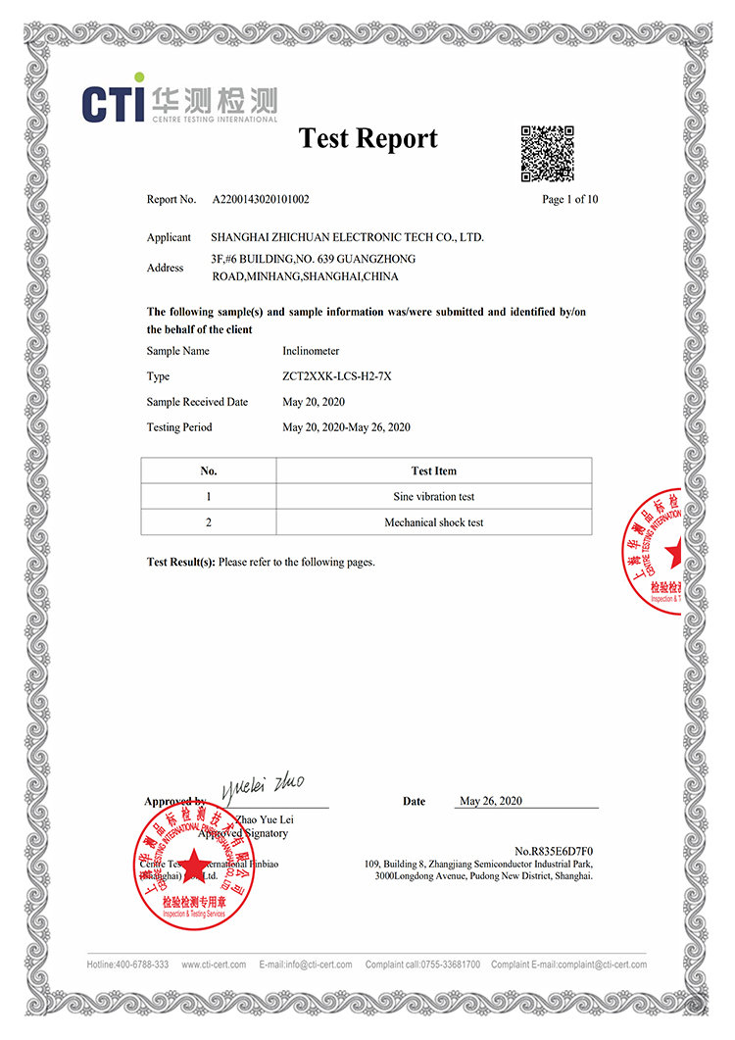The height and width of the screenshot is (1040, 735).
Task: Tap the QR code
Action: click(547, 154)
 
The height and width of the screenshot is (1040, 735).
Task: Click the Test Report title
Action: click(367, 138)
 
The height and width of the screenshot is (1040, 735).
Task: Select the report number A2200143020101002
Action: click(261, 199)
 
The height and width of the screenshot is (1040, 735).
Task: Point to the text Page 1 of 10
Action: click(569, 199)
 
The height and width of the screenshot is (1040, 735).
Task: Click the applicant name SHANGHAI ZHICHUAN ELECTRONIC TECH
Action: click(347, 237)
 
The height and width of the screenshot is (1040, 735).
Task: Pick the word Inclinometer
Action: click(311, 351)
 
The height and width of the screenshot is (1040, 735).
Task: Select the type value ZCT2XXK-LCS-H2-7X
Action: click(336, 376)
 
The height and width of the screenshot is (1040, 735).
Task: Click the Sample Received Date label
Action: click(197, 402)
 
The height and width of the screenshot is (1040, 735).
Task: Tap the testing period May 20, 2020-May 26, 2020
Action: click(346, 427)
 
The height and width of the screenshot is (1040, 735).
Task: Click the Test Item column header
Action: click(433, 470)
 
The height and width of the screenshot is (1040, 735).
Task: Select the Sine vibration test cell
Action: click(433, 497)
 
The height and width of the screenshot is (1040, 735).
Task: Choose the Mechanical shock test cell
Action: click(433, 522)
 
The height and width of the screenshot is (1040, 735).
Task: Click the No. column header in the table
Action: click(208, 470)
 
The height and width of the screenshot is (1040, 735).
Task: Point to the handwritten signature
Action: click(263, 785)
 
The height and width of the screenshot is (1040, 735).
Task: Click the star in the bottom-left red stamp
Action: click(193, 864)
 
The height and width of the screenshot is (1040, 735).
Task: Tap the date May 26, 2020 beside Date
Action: click(491, 801)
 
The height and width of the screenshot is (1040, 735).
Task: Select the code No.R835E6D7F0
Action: click(554, 851)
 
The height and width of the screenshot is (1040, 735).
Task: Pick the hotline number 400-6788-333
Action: click(143, 965)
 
